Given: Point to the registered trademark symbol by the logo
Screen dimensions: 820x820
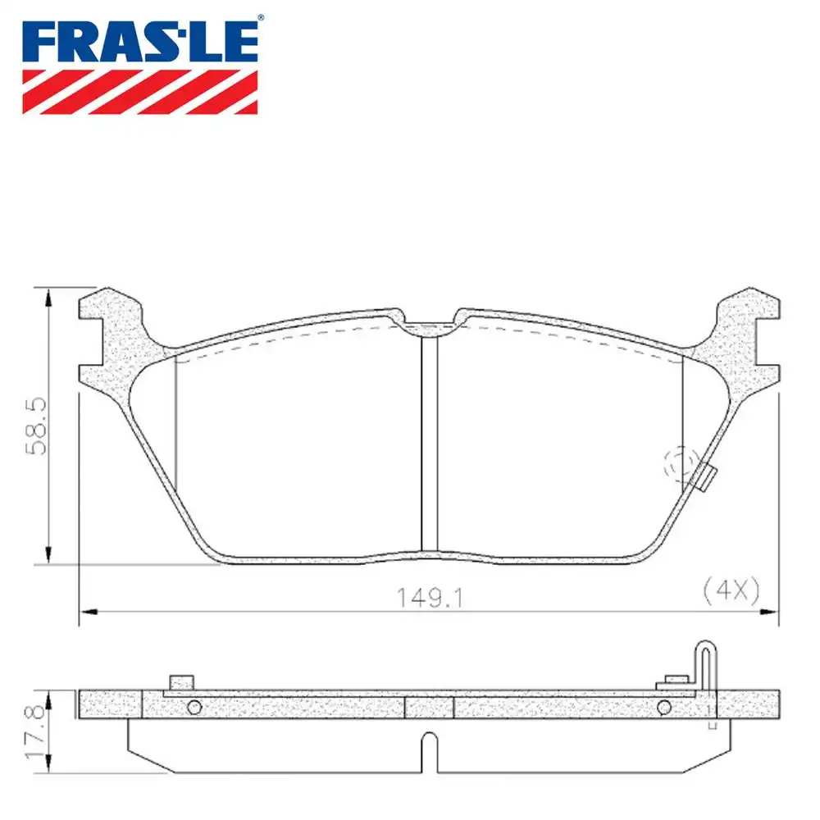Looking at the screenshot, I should (260, 17).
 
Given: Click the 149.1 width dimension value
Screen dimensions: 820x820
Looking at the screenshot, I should (420, 599).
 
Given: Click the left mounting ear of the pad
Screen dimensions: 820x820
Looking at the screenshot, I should (111, 336).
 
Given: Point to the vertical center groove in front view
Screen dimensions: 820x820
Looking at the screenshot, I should (429, 443).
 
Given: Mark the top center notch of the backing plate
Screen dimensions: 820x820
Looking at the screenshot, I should (429, 326).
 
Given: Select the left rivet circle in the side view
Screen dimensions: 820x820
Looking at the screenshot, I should (194, 708).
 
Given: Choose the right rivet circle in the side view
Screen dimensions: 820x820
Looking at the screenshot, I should (663, 708).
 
